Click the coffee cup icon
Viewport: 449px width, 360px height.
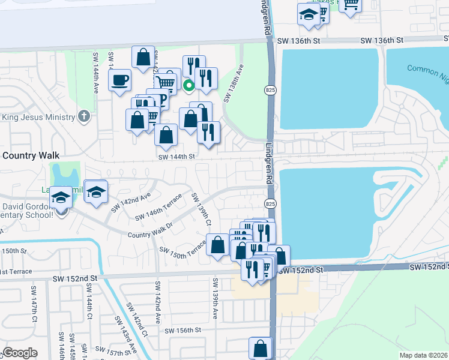click(x=120, y=79)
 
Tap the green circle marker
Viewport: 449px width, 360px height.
click(x=188, y=85)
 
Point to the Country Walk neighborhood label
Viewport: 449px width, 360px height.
click(x=31, y=155)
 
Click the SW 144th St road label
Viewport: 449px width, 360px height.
click(x=177, y=156)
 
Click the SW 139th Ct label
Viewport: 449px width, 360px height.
click(x=201, y=209)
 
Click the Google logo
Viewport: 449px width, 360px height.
click(x=20, y=352)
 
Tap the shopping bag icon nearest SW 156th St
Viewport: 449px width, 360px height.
click(x=260, y=347)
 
